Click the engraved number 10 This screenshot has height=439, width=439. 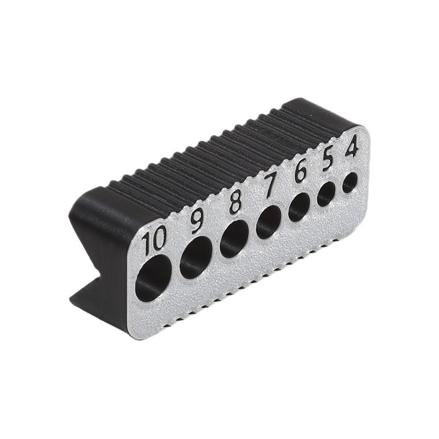point(154,240)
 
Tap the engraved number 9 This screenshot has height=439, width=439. point(197,221)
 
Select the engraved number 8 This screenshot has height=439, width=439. point(235,201)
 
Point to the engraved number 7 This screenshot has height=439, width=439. point(271,185)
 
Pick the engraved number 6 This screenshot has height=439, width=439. point(300,172)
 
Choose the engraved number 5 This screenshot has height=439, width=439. point(328,160)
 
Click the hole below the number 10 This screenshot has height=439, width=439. point(153,278)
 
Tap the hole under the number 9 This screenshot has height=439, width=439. point(196,257)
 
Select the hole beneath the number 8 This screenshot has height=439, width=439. point(234,239)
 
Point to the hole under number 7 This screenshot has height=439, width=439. point(269,222)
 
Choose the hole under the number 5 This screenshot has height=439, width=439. point(327,194)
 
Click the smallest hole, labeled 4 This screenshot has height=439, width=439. point(350,182)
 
